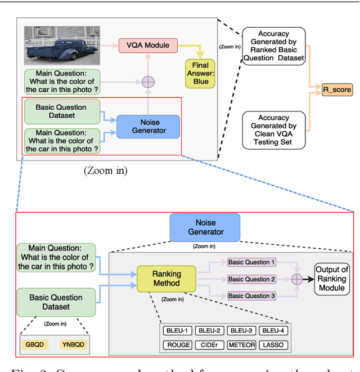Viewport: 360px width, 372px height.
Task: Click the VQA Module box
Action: click(x=148, y=44)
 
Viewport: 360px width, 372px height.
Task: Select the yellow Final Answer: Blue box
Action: click(x=200, y=73)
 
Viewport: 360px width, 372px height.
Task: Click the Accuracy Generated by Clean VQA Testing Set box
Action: click(x=273, y=130)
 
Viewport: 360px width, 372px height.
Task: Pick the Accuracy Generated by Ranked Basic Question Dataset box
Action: click(x=273, y=46)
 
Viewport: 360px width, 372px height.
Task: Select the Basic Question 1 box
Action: click(x=251, y=262)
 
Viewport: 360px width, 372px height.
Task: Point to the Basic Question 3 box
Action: click(x=251, y=296)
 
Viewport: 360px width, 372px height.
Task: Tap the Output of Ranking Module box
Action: click(x=331, y=279)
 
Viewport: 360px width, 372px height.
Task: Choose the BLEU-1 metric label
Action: click(x=178, y=331)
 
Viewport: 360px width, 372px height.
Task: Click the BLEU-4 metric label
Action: click(x=273, y=331)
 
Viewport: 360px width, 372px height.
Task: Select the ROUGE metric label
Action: click(x=178, y=344)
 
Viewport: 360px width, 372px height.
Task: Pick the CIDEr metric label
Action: click(x=209, y=344)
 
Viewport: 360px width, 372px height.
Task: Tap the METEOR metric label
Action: click(x=241, y=344)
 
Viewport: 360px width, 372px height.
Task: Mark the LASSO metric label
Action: click(x=273, y=344)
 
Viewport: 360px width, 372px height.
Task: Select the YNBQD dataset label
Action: click(x=74, y=344)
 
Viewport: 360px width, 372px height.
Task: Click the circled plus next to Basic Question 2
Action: click(x=297, y=279)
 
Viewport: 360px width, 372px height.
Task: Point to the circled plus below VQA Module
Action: click(x=148, y=81)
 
